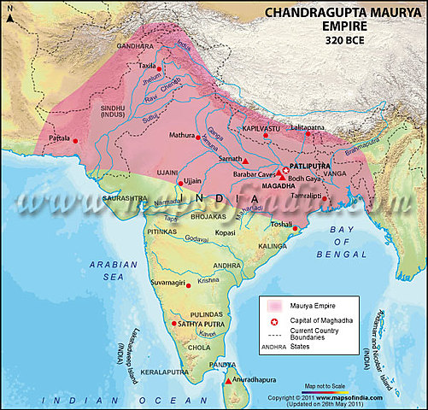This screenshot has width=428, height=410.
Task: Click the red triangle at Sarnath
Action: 245,160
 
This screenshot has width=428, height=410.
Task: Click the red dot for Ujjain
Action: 179,182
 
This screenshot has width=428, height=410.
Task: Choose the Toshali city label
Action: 283,224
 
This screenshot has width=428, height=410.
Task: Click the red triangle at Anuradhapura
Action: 227,383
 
